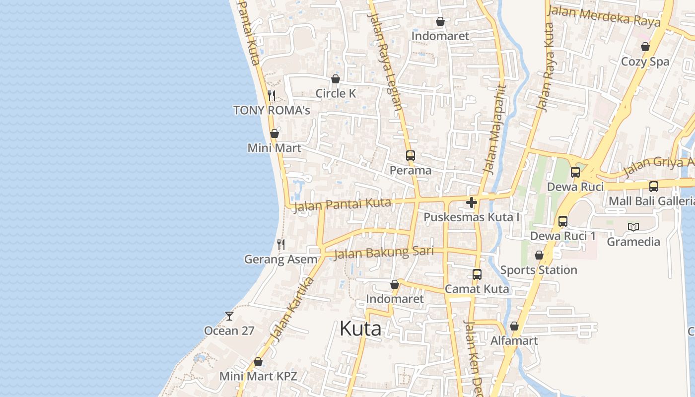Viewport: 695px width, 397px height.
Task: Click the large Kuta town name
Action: [360, 329]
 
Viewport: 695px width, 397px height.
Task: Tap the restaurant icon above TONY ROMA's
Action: [272, 95]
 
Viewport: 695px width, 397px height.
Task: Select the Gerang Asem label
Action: [280, 259]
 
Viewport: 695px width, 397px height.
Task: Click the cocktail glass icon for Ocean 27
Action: [229, 316]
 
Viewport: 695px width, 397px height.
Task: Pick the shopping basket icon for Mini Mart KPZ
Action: [258, 362]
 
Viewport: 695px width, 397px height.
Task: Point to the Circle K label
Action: [336, 93]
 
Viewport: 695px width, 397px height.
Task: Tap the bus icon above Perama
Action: [410, 155]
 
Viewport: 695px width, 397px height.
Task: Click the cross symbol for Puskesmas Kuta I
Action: [472, 202]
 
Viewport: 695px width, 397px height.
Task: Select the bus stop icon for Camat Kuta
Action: [477, 274]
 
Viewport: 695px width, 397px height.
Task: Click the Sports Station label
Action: [539, 270]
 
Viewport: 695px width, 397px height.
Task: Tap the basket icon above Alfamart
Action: [514, 326]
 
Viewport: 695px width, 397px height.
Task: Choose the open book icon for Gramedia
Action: [633, 227]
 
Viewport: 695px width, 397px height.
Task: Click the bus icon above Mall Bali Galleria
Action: [654, 186]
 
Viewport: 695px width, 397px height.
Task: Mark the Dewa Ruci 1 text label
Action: [563, 236]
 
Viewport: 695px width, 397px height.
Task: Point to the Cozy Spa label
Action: [645, 62]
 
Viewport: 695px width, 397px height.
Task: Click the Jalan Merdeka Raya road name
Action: [604, 16]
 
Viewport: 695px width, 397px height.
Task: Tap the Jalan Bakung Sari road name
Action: [384, 253]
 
